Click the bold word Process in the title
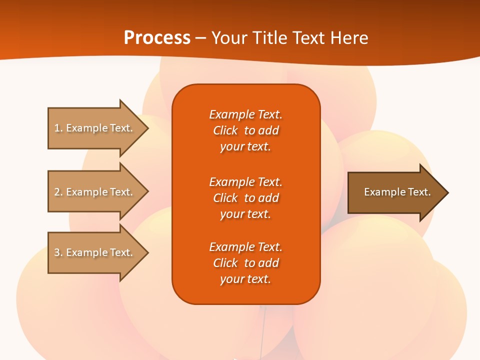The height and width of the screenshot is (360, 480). point(157,38)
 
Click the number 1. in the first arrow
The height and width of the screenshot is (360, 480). point(58,128)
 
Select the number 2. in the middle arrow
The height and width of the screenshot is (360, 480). point(58,192)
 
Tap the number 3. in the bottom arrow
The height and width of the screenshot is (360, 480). point(58,252)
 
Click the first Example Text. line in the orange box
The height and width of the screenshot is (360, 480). point(245,114)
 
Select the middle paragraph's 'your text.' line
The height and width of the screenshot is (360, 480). point(245,214)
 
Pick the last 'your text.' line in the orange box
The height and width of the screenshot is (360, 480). point(245,279)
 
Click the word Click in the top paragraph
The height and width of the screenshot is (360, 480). point(225,130)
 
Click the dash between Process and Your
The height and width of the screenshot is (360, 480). point(200,38)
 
